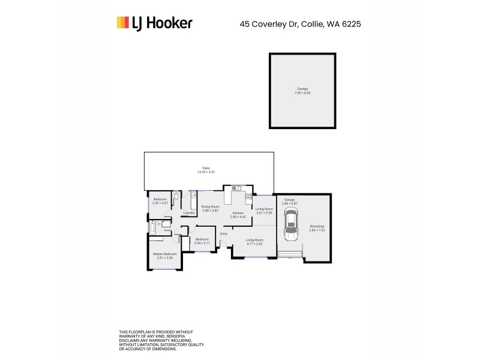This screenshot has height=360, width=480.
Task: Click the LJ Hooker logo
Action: click(x=154, y=23)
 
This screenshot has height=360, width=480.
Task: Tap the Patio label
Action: click(x=209, y=170)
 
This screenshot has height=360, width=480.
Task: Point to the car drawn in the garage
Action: click(x=290, y=224)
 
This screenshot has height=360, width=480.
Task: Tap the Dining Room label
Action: click(x=210, y=208)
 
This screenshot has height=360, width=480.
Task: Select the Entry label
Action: click(x=223, y=233)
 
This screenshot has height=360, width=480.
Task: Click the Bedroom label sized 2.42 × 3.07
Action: click(x=160, y=201)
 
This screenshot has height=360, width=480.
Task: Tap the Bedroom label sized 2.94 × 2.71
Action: click(x=202, y=242)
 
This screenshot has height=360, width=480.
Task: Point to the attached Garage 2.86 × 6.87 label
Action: click(x=290, y=201)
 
